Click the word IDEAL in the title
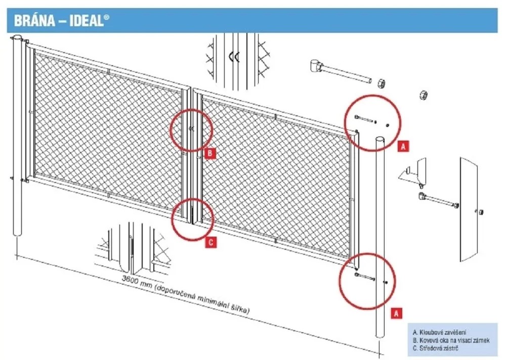pyautogui.click(x=86, y=21)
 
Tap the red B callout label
pyautogui.click(x=210, y=153)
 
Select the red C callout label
pyautogui.click(x=210, y=242)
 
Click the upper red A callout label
pyautogui.click(x=403, y=146)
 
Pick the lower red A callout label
pyautogui.click(x=397, y=313)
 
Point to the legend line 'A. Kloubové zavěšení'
pyautogui.click(x=439, y=332)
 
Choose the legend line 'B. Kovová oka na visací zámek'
pyautogui.click(x=451, y=340)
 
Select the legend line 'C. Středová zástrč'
pyautogui.click(x=435, y=348)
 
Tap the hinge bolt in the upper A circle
pyautogui.click(x=365, y=119)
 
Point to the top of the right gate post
pyautogui.click(x=380, y=140)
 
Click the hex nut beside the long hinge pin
pyautogui.click(x=382, y=83)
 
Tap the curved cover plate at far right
pyautogui.click(x=468, y=210)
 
